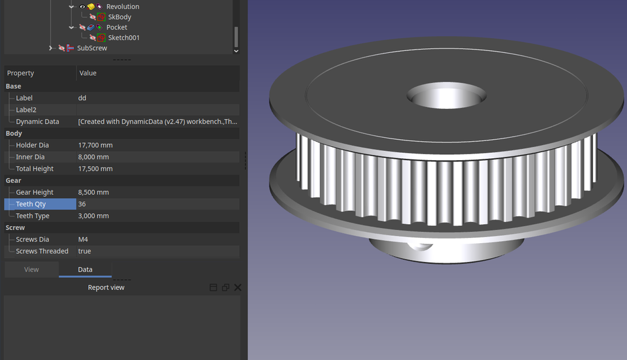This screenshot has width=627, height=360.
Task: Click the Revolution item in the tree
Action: [122, 7]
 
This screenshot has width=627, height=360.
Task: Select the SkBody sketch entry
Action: [120, 17]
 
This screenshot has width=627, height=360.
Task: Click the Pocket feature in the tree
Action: [116, 27]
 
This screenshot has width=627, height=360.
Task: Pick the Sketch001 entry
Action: [123, 38]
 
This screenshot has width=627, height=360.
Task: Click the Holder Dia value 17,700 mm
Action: [95, 145]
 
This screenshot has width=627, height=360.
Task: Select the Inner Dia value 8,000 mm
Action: [93, 157]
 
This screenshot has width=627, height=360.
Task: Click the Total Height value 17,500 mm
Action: [95, 169]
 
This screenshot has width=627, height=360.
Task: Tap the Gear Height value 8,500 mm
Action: [93, 192]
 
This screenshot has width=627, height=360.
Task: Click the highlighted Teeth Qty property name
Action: [31, 204]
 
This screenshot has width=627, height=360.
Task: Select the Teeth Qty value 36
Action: [82, 204]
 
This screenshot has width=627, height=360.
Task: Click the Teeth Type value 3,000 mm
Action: [93, 216]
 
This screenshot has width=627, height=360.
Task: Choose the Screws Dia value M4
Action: [83, 239]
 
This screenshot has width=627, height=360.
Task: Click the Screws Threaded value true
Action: [84, 251]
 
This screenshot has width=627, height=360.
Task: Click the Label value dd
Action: [82, 98]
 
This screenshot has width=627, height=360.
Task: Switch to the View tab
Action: [31, 269]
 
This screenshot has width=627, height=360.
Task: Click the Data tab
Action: [85, 269]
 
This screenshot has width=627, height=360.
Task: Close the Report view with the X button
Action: [238, 287]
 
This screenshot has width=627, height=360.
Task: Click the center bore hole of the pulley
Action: [446, 97]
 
